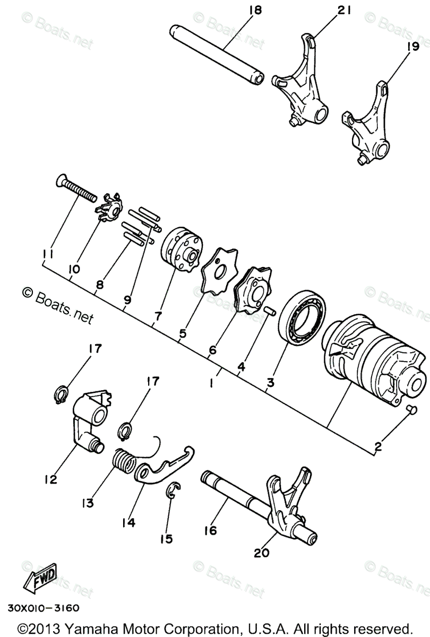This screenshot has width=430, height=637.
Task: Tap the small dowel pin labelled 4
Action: point(269,310)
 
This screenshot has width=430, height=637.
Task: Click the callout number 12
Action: point(50,479)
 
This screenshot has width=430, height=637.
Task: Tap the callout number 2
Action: point(378,447)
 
